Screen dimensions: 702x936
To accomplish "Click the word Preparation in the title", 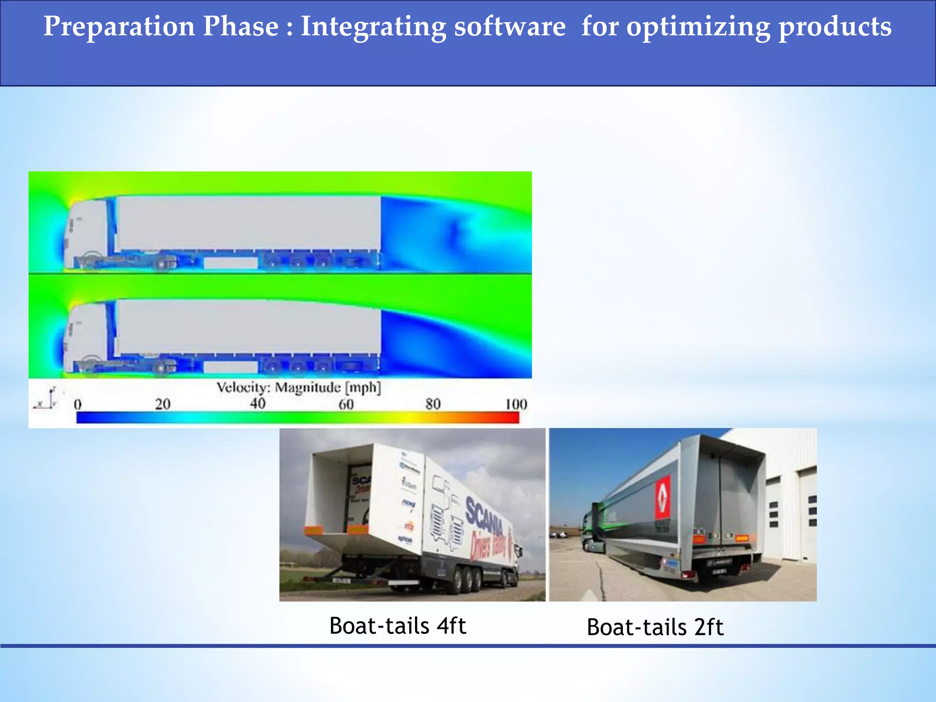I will pyautogui.click(x=119, y=27).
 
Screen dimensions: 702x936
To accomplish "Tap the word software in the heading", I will pyautogui.click(x=510, y=27).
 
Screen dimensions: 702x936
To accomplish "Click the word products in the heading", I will pyautogui.click(x=835, y=27).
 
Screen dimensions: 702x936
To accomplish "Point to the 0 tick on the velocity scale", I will pyautogui.click(x=78, y=404).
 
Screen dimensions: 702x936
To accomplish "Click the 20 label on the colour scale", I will pyautogui.click(x=162, y=404).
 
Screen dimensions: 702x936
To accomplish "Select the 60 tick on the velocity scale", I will pyautogui.click(x=346, y=404).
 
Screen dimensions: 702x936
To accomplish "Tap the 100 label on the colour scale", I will pyautogui.click(x=516, y=404).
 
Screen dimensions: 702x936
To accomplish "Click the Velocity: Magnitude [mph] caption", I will pyautogui.click(x=298, y=388).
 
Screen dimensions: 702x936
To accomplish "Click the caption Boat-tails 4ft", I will pyautogui.click(x=398, y=626).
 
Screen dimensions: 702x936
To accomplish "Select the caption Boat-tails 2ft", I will pyautogui.click(x=655, y=627).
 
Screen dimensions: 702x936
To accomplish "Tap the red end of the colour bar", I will pyautogui.click(x=510, y=417).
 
